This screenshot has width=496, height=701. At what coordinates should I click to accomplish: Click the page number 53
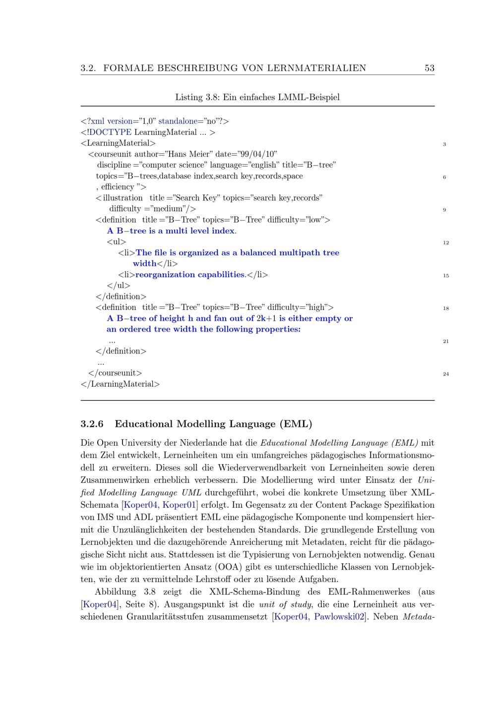click(430, 68)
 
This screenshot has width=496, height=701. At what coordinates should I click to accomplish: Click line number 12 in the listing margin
click(446, 243)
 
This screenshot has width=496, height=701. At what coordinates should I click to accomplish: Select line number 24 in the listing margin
click(446, 374)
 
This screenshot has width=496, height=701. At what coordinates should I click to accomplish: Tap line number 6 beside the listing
click(444, 177)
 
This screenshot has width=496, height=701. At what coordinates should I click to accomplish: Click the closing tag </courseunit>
click(115, 373)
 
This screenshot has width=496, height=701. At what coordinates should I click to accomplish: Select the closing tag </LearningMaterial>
click(120, 384)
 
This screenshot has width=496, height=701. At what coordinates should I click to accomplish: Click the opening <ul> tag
click(117, 242)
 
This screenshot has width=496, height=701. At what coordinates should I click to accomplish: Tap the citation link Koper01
click(180, 505)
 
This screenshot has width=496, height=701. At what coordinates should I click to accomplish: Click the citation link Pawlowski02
click(340, 617)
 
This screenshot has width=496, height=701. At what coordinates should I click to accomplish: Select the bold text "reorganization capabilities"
click(190, 275)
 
